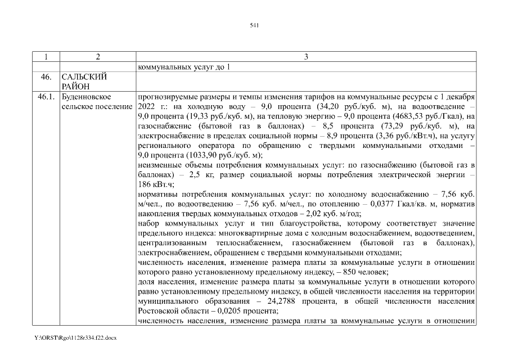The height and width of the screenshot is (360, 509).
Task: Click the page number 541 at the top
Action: (254, 25)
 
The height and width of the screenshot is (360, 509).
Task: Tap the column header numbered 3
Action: (305, 56)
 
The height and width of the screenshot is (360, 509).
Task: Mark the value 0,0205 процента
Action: (225, 311)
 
